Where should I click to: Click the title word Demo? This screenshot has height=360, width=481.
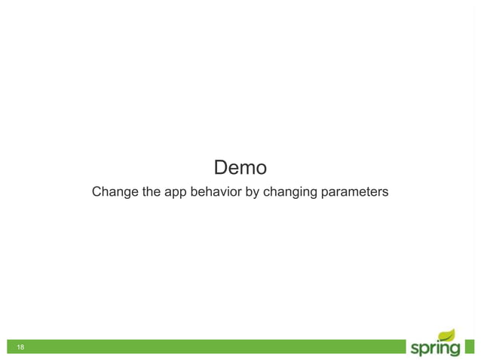[240, 166]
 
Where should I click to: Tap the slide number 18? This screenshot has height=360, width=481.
[20, 347]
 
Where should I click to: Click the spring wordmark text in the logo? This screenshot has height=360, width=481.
[434, 348]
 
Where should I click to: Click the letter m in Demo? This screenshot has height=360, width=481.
[247, 167]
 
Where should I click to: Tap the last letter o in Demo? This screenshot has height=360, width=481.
[261, 167]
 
